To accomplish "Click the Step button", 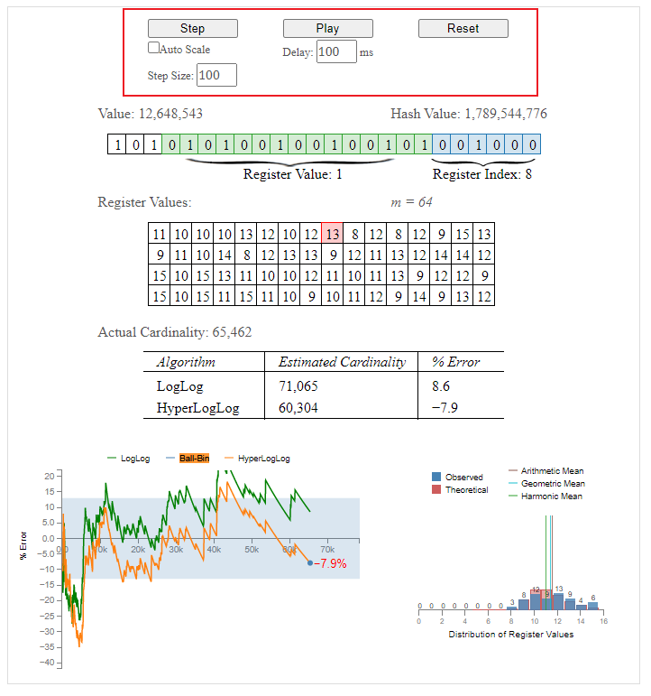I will click(x=192, y=29).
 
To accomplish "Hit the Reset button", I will click(x=463, y=29).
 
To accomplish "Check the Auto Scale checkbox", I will click(x=154, y=48).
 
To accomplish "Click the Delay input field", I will click(x=335, y=51).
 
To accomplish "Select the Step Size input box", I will click(x=216, y=76).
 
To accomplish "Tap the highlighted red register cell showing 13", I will click(x=332, y=234).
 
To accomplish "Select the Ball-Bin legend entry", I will click(x=194, y=459).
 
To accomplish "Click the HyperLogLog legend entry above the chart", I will click(x=263, y=459).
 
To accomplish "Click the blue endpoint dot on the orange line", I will click(x=310, y=562).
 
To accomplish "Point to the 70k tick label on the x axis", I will click(x=327, y=549).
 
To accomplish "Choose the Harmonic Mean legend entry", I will click(x=551, y=496).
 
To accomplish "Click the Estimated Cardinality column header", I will click(x=342, y=362).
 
